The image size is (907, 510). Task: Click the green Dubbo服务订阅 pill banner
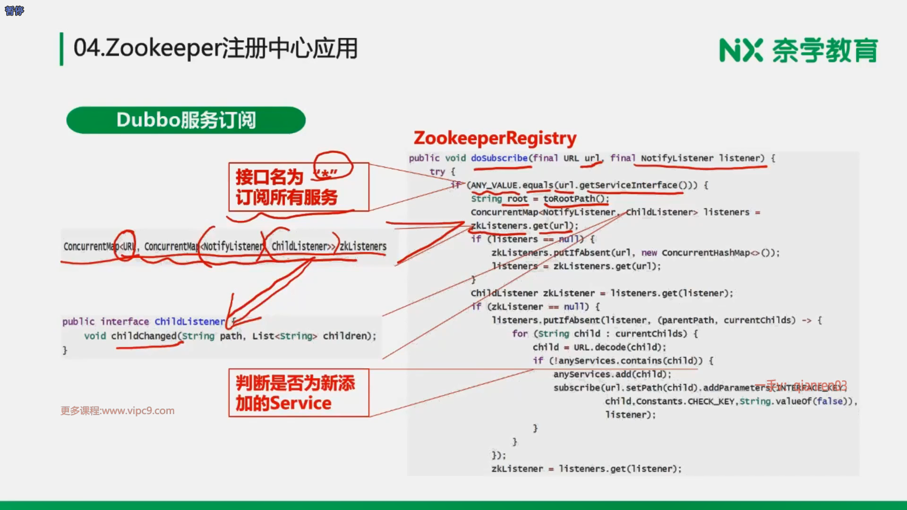tap(186, 120)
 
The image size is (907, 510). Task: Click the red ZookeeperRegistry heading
tap(495, 138)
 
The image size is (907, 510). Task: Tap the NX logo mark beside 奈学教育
tap(740, 51)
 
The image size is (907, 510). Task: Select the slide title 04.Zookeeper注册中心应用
tap(215, 48)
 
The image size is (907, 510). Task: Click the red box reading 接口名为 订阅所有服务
tap(298, 187)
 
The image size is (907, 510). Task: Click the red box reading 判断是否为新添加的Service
tap(298, 393)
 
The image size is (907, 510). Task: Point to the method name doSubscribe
tap(499, 158)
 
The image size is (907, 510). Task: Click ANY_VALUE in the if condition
tap(493, 185)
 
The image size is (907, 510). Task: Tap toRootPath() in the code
tap(576, 199)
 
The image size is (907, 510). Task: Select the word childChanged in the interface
tap(144, 336)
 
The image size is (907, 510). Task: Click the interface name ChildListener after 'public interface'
tap(190, 322)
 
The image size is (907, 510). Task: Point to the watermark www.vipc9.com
tap(138, 411)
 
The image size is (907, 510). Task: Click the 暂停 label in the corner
tap(14, 10)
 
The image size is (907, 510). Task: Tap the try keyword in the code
tap(437, 172)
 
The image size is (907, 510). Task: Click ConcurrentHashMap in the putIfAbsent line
tap(705, 253)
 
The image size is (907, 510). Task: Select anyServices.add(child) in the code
tap(612, 374)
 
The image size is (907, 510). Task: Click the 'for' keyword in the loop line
tap(520, 334)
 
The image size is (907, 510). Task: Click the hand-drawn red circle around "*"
tap(334, 165)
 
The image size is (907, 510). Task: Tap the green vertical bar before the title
tap(61, 49)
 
